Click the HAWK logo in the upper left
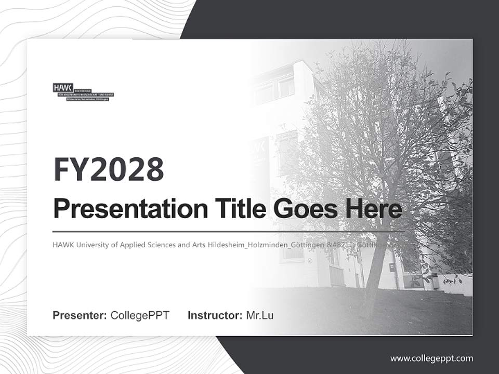pos(83,91)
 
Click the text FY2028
pos(108,169)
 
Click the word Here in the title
pos(373,208)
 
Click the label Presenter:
pos(80,315)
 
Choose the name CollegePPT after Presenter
pos(140,315)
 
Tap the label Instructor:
pos(215,315)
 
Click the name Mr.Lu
pos(260,315)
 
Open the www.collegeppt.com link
pos(431,358)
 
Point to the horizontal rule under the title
pos(229,231)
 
